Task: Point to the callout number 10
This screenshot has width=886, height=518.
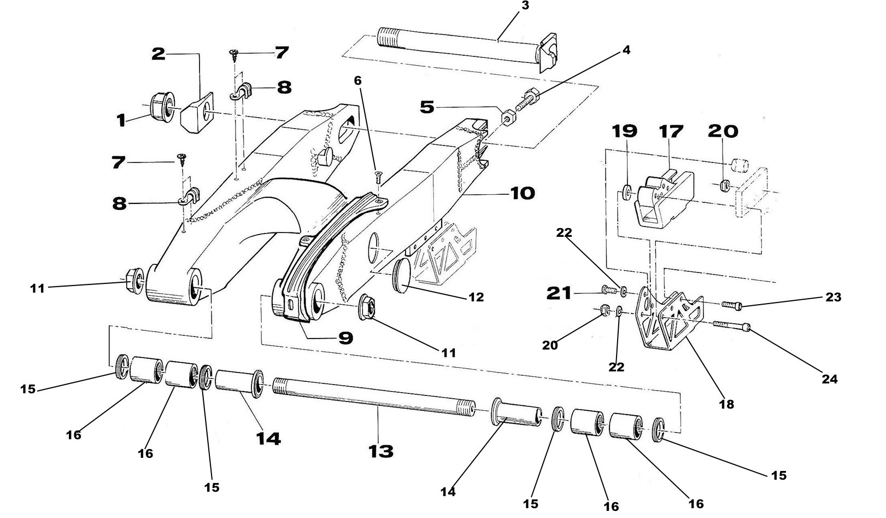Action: [523, 193]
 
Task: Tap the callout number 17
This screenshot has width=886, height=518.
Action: [671, 132]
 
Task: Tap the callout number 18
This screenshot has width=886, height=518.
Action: [726, 404]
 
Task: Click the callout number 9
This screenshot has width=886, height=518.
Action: [345, 339]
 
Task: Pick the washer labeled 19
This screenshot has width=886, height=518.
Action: [627, 192]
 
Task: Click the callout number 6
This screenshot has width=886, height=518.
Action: [357, 80]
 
